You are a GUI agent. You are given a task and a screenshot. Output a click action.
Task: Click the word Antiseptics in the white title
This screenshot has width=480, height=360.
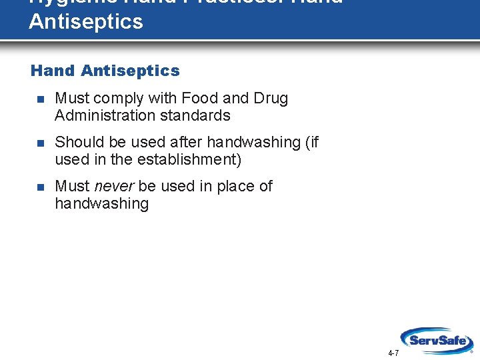pyautogui.click(x=86, y=22)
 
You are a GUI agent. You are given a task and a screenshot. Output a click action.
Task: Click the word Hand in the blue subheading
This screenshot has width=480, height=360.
pyautogui.click(x=53, y=71)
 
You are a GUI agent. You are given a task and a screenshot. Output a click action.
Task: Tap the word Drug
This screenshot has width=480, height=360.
pyautogui.click(x=271, y=98)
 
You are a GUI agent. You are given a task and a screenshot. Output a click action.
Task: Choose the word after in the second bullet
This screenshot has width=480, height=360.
pyautogui.click(x=187, y=142)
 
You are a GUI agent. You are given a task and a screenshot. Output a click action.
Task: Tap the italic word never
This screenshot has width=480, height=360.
pyautogui.click(x=114, y=186)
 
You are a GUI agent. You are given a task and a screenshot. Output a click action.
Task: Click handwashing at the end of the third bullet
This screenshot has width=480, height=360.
pyautogui.click(x=101, y=203)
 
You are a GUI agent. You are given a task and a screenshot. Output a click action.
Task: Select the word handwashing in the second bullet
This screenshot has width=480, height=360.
pyautogui.click(x=253, y=142)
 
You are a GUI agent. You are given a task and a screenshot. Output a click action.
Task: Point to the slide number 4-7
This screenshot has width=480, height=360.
pyautogui.click(x=393, y=353)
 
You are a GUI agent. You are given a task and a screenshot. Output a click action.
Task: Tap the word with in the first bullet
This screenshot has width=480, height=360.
pyautogui.click(x=162, y=98)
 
